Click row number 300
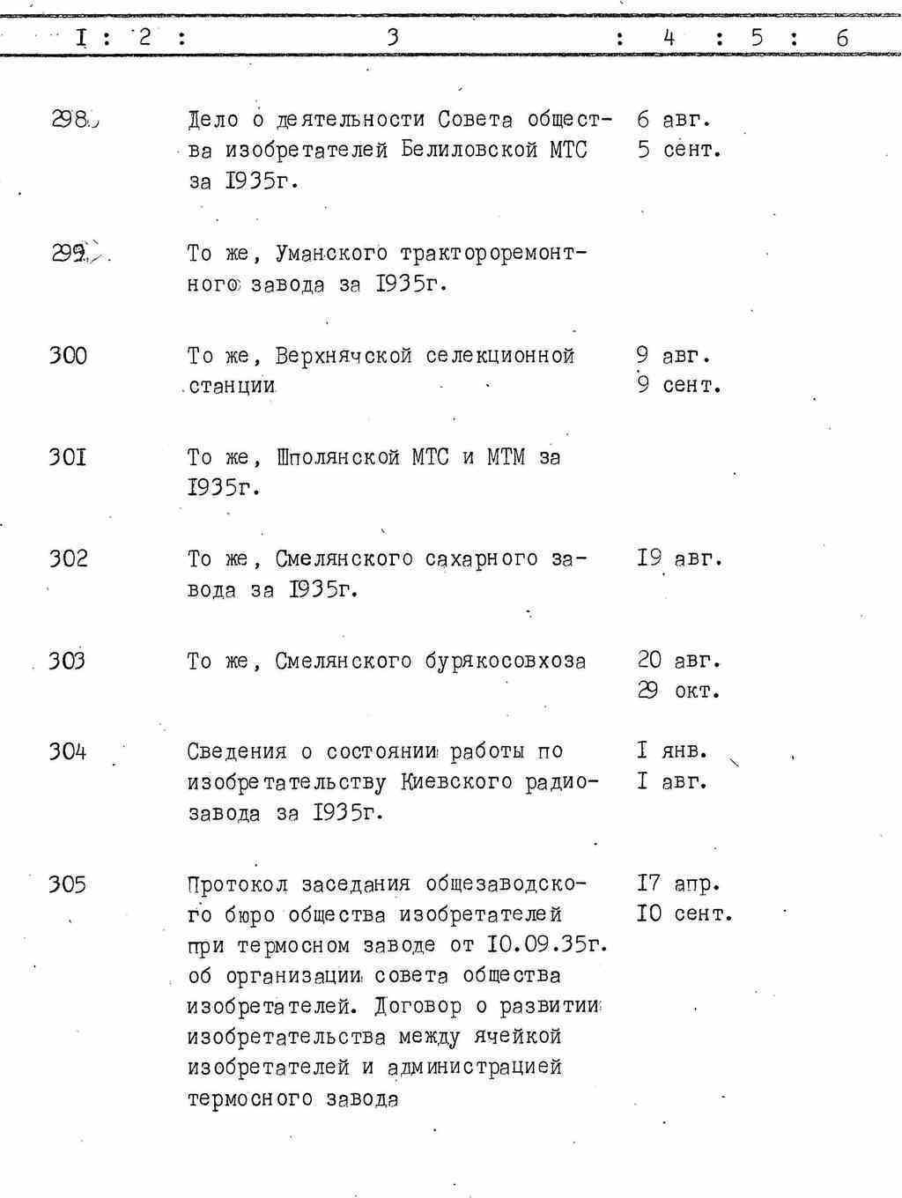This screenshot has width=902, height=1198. coord(68,356)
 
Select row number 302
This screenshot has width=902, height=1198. coord(68,558)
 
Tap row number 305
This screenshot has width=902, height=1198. coord(68,884)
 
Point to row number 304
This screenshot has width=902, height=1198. coord(68,751)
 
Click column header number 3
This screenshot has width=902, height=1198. coord(393,37)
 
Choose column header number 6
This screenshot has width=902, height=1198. coord(842,38)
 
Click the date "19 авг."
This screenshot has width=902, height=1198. coord(678,558)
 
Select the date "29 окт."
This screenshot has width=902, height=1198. coord(678,691)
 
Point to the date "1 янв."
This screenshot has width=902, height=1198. coord(672,751)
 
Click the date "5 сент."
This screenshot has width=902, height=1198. coord(679,150)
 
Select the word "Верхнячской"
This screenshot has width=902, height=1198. coord(344,356)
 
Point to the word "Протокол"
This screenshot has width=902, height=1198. coord(237,884)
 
